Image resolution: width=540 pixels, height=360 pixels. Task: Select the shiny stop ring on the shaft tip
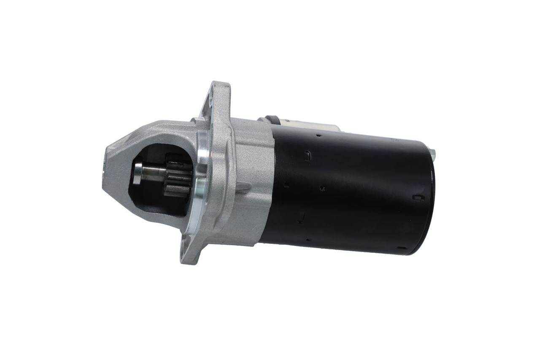pos(138,173)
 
